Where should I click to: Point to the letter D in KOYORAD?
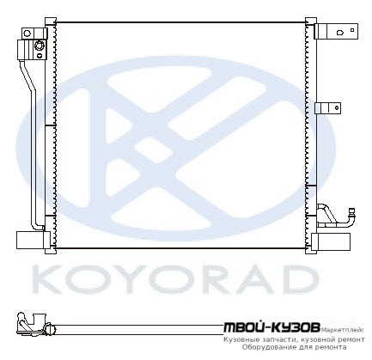tap(298, 279)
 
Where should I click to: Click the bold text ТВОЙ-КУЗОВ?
tap(271, 328)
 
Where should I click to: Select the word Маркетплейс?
tap(343, 330)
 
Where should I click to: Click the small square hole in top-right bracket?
tap(352, 30)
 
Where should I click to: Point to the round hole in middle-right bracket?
tap(337, 107)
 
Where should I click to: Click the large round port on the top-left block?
tap(39, 46)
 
